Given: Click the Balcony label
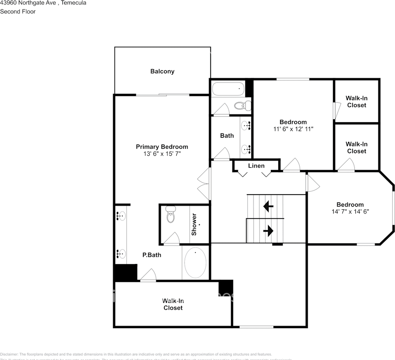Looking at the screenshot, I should pos(162,71).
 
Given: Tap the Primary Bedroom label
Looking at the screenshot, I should pos(162,147).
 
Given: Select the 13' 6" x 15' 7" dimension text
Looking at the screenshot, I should pos(162,154).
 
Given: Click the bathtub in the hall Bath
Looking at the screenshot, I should pos(228,90).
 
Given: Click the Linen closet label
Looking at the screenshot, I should pos(256,166).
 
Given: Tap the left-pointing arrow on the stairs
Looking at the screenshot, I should pos(268,206).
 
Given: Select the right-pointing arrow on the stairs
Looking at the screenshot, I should pos(268,231).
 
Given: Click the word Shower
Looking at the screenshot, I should pos(194,224).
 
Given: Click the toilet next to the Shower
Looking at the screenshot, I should pos(171,215).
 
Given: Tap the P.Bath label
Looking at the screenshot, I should pos(152,255).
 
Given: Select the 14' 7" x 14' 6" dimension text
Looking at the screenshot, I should pos(350,211).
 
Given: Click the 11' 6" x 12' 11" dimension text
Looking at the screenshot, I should pos(293,129).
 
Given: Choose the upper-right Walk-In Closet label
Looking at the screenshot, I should pos(356,102).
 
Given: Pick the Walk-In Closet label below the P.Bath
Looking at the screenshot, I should pos(173,304).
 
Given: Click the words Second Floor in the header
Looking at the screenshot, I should pos(18,12).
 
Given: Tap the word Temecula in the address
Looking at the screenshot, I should pos(74,3).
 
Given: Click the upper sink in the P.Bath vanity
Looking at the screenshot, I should pos(120,216).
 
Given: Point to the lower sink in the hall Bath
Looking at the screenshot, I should pos(246,149).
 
